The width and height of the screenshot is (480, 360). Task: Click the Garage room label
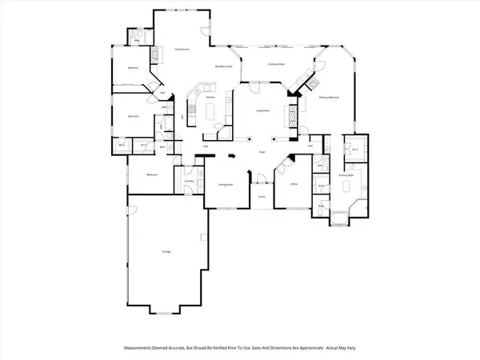point(166,251)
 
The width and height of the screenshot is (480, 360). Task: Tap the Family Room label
point(182,50)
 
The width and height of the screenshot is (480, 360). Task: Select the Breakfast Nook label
point(223,66)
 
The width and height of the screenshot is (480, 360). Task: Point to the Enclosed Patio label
point(277,64)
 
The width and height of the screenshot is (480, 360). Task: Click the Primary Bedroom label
point(330,97)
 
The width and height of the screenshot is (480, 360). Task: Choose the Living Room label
point(261,111)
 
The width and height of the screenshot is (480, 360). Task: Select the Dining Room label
point(225,184)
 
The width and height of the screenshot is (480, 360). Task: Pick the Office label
point(294,184)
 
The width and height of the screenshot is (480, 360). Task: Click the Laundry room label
point(189,182)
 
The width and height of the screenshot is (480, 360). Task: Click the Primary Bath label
point(346,174)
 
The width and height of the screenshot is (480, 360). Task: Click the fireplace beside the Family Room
point(155,57)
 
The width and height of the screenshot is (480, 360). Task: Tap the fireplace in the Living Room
point(286,118)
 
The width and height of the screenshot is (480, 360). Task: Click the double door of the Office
point(282,166)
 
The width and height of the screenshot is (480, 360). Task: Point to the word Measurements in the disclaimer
point(141,346)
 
